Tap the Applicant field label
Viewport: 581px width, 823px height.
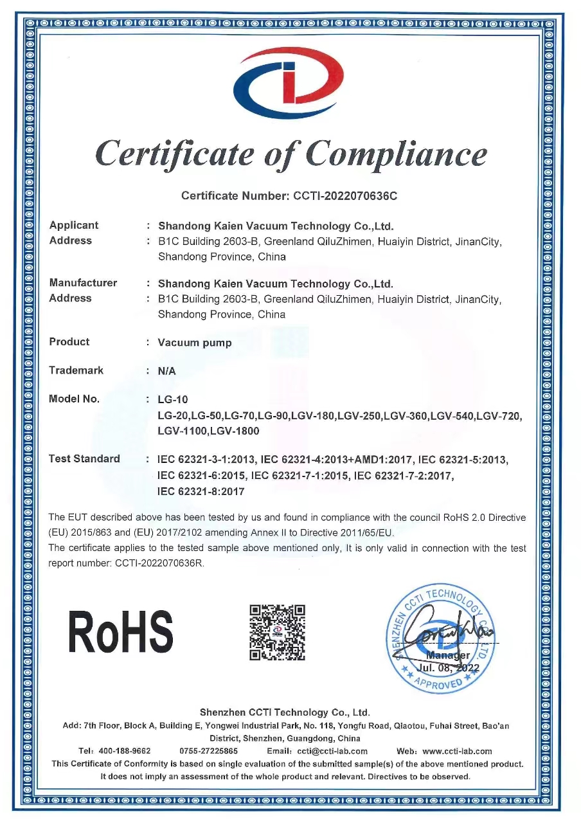(x=74, y=225)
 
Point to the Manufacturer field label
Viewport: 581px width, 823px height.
(x=83, y=283)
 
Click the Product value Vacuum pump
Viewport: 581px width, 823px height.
(x=195, y=343)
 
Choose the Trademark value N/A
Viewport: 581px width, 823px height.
(x=167, y=371)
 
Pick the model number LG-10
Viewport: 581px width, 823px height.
(x=173, y=400)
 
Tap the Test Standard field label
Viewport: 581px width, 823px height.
(x=84, y=458)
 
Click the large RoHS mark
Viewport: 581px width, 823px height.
(x=121, y=631)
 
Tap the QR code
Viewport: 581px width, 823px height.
(x=277, y=633)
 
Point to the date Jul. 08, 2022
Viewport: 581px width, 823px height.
(x=449, y=668)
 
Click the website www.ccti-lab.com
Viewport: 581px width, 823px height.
(x=457, y=751)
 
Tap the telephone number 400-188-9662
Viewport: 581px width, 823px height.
(x=124, y=751)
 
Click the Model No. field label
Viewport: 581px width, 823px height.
(x=74, y=399)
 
